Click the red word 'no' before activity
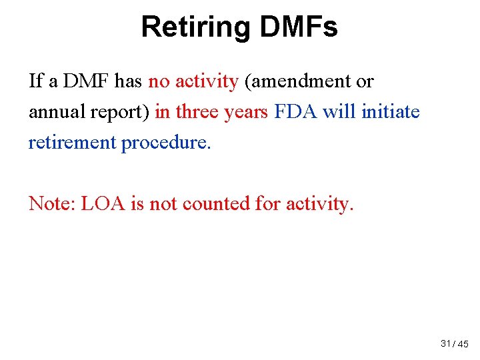(x=159, y=82)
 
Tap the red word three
(x=198, y=112)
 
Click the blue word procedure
(x=166, y=143)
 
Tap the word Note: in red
(x=52, y=203)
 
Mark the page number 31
(x=446, y=343)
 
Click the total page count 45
(x=463, y=344)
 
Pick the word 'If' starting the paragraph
(x=36, y=82)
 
